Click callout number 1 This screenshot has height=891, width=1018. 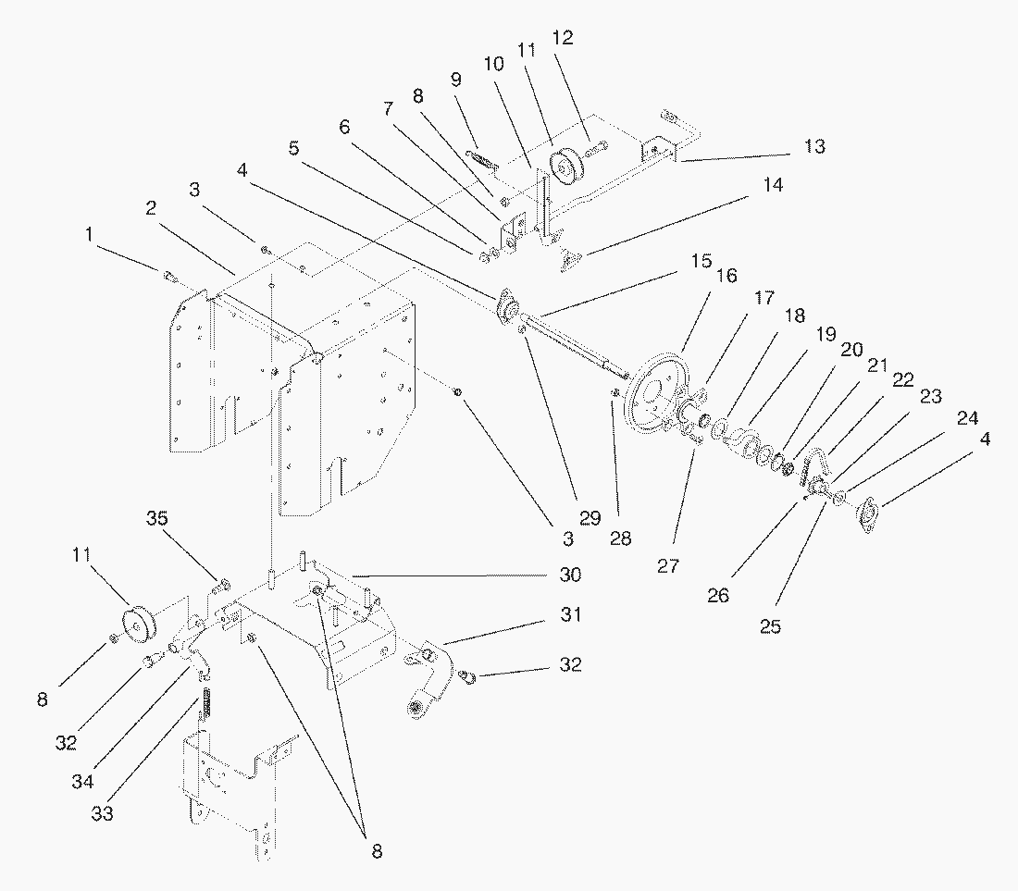[x=89, y=234]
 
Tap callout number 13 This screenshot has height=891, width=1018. [x=813, y=146]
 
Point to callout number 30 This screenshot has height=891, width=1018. [x=570, y=575]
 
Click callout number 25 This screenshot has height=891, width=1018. [x=770, y=626]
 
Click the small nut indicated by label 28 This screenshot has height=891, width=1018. [x=615, y=394]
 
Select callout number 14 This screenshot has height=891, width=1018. [x=773, y=185]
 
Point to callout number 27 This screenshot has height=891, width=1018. [x=668, y=566]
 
